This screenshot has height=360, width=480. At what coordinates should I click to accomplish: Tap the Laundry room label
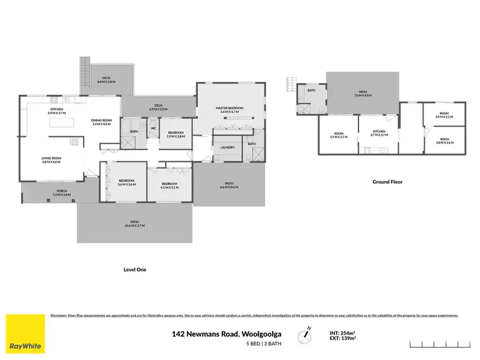coord(227,147)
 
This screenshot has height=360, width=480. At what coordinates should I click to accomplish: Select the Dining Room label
coord(101,122)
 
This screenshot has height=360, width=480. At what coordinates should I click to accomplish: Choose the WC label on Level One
coord(154,129)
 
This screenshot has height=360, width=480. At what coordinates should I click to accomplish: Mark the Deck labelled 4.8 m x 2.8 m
coord(106,81)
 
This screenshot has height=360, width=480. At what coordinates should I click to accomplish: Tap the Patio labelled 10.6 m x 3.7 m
coord(134,224)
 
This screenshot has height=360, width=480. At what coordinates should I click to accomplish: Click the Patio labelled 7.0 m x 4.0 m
coord(363,93)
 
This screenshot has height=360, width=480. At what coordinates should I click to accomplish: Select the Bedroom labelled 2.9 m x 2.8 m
coord(175,134)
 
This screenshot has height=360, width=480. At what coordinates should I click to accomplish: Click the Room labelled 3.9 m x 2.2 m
coord(444,116)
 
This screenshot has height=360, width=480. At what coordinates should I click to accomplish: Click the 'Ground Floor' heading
coord(388,182)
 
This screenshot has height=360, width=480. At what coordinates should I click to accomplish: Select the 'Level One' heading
coord(134,270)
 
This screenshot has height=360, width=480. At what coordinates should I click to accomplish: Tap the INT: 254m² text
coord(342,332)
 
